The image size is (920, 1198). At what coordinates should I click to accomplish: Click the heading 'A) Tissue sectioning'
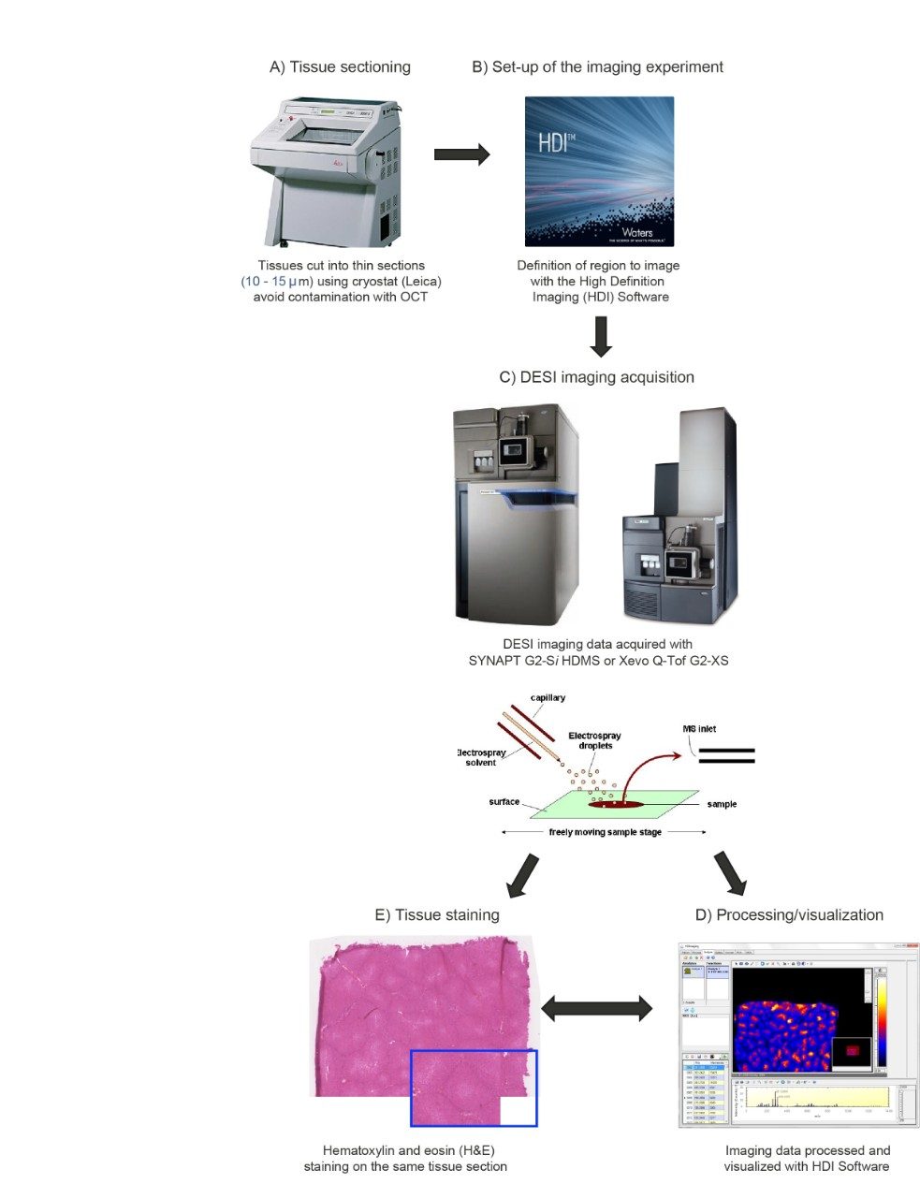[x=340, y=67]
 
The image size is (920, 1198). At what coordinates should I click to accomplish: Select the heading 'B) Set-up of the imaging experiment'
[x=597, y=67]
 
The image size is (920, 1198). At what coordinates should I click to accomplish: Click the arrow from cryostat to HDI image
[x=461, y=154]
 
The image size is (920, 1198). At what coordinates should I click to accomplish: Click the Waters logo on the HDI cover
[x=636, y=231]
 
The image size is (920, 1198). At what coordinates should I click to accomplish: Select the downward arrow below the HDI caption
[x=601, y=337]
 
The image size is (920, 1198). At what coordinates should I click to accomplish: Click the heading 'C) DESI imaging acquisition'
[x=596, y=377]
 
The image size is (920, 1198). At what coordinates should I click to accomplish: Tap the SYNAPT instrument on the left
[x=516, y=515]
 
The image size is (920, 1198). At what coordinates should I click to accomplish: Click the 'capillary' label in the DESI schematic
[x=548, y=698]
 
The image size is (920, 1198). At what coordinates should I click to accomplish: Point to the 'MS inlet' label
[x=699, y=728]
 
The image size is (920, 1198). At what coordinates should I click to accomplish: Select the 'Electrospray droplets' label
[x=594, y=740]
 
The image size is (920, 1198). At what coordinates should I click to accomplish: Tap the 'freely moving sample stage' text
[x=605, y=832]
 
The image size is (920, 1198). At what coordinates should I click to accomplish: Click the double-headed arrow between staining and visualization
[x=596, y=1008]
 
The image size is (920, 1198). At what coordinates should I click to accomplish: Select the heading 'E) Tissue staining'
[x=437, y=915]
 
